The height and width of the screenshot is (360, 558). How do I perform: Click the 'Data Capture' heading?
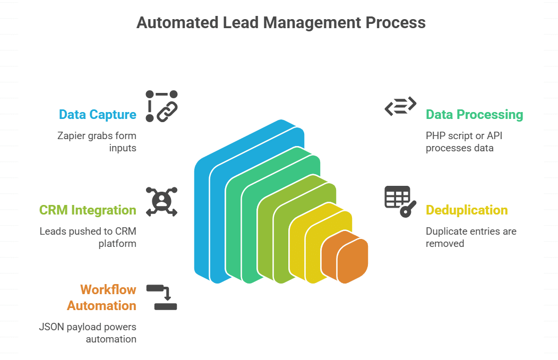98,115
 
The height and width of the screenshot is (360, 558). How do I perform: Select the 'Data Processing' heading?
474,115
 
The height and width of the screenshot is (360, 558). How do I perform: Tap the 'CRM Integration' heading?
88,210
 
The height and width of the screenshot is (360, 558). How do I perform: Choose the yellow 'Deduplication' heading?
467,210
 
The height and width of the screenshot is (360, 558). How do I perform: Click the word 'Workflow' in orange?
108,290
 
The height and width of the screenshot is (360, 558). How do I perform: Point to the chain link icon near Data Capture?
161,106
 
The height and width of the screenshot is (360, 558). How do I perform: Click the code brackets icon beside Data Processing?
400,106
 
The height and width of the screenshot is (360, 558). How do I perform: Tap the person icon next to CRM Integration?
161,201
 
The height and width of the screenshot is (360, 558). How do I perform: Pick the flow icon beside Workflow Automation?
161,297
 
